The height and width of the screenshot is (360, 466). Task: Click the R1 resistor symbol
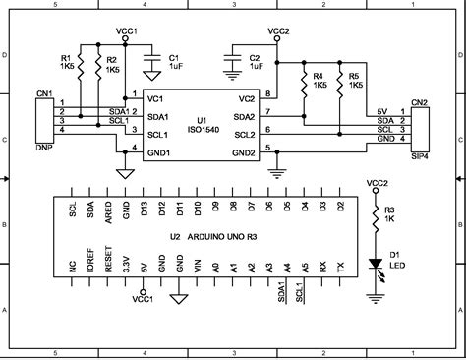tap(81, 66)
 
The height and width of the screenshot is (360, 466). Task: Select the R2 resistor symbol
tap(99, 66)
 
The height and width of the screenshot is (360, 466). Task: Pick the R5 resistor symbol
tap(337, 81)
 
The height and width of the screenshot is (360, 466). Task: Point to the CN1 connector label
tap(43, 94)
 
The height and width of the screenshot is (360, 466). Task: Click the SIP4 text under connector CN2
tap(419, 155)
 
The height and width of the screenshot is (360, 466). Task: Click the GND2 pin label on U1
tap(244, 152)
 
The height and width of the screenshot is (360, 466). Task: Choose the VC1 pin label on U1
tap(154, 99)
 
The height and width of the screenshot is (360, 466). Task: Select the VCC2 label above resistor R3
tap(375, 183)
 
